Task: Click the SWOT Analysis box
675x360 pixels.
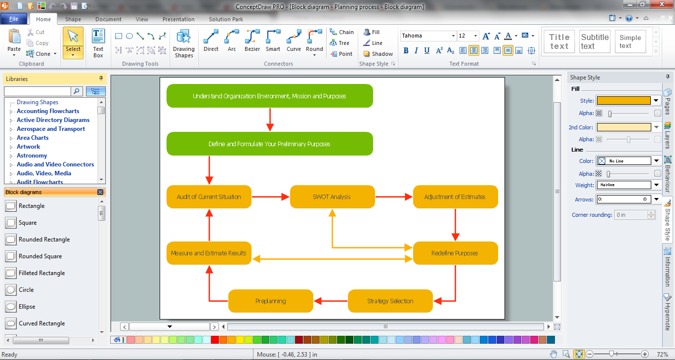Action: [332, 197]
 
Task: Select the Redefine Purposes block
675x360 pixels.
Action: [455, 253]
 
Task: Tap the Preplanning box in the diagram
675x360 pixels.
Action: [270, 301]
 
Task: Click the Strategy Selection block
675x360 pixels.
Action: [390, 301]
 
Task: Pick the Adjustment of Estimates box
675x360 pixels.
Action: [455, 197]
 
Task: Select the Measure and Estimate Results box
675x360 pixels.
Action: [209, 253]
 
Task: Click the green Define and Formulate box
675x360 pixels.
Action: [269, 144]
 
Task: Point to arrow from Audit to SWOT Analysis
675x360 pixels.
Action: [270, 197]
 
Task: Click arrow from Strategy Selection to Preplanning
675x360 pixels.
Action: [331, 301]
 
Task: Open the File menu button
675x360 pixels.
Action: [14, 19]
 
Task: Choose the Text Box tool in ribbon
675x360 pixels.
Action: [98, 43]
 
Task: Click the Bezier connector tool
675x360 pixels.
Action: [252, 41]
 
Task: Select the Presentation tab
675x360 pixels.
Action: [178, 19]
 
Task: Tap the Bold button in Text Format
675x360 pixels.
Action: [406, 50]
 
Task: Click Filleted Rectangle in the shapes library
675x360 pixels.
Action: [42, 273]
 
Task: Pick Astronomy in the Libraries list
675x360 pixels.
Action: [32, 156]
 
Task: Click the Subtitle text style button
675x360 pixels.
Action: [594, 41]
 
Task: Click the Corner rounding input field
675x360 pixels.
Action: [630, 215]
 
